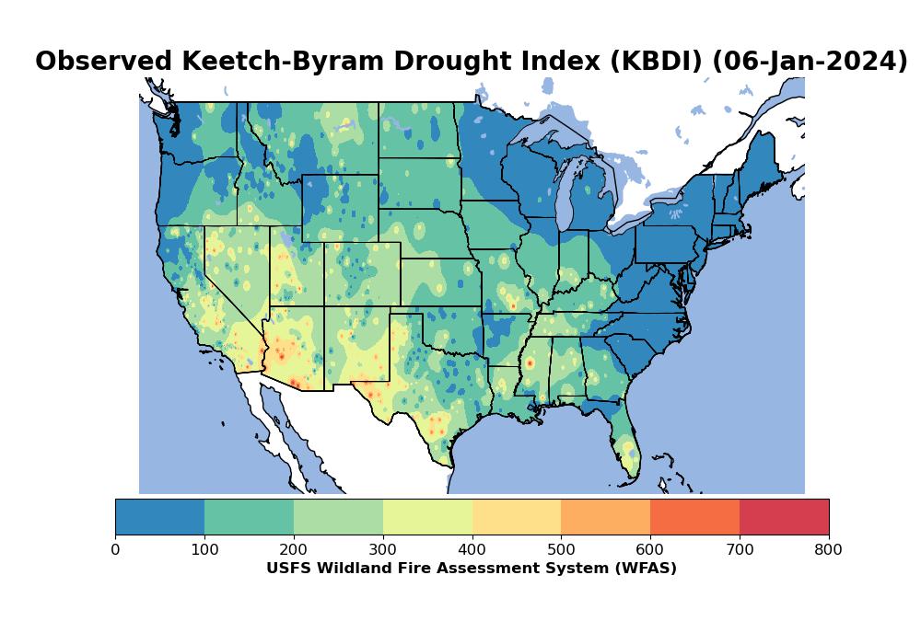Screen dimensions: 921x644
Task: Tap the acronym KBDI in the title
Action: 657,62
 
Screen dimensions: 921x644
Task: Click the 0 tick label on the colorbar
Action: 115,549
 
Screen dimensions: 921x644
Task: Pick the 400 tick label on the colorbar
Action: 472,549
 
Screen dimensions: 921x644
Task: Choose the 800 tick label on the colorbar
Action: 828,549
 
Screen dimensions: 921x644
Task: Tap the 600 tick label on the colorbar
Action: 650,549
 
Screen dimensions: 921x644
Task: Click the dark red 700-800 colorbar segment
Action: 784,517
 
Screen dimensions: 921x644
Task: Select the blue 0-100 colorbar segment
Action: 159,517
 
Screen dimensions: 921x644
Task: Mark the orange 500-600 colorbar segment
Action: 606,517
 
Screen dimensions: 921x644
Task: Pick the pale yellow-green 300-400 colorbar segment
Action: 427,517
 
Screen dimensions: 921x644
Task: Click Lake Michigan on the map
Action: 565,193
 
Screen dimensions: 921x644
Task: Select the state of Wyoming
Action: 340,208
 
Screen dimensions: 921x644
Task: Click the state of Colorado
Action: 362,274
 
